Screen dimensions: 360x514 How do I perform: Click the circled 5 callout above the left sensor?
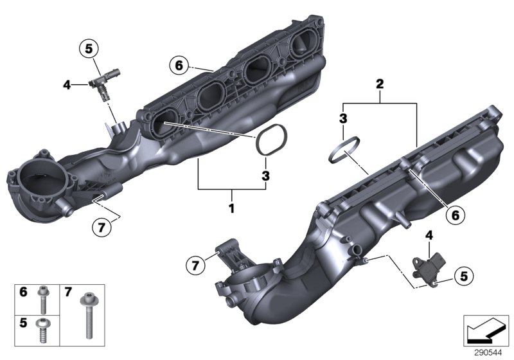pos(88,48)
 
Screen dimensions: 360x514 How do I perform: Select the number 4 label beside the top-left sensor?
pos(67,83)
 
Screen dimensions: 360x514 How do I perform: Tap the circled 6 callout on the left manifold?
pos(179,65)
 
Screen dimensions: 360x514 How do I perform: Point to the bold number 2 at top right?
pos(380,84)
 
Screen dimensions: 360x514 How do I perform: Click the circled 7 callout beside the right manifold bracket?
pos(197,264)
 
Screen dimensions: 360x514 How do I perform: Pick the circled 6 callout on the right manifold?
pos(454,215)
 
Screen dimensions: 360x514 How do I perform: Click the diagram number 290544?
pos(487,352)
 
